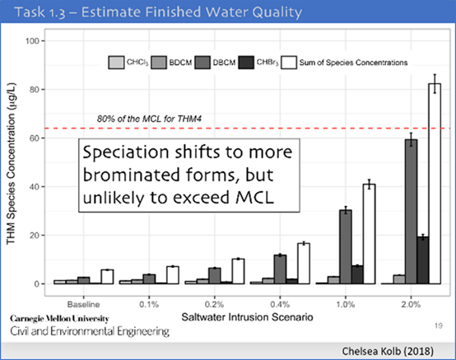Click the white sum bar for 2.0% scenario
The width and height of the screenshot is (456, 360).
(435, 184)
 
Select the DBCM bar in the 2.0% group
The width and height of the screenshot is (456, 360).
(412, 212)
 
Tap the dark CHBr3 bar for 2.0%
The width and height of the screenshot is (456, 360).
(423, 260)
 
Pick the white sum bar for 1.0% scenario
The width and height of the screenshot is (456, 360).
(369, 234)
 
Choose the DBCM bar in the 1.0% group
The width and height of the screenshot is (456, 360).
(346, 247)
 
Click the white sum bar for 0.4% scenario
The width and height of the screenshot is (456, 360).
(304, 264)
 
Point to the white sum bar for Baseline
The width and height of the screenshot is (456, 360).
(107, 277)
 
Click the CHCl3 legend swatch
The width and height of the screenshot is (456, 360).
(116, 63)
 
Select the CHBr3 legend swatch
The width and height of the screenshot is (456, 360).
(246, 63)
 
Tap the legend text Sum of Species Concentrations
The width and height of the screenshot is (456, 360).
(353, 63)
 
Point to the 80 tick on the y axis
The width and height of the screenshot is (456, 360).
(43, 90)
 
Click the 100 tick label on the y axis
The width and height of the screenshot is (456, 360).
(32, 41)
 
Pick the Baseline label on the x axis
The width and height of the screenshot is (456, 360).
(83, 305)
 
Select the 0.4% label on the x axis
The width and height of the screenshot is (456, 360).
(280, 305)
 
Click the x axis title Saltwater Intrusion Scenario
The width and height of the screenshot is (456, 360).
(247, 317)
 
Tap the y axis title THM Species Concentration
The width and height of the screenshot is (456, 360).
(11, 164)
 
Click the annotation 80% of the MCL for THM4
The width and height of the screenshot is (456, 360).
(149, 119)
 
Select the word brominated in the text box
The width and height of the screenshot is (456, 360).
(131, 175)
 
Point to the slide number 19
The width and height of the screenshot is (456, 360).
(439, 325)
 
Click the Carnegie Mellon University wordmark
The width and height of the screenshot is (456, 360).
(59, 319)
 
